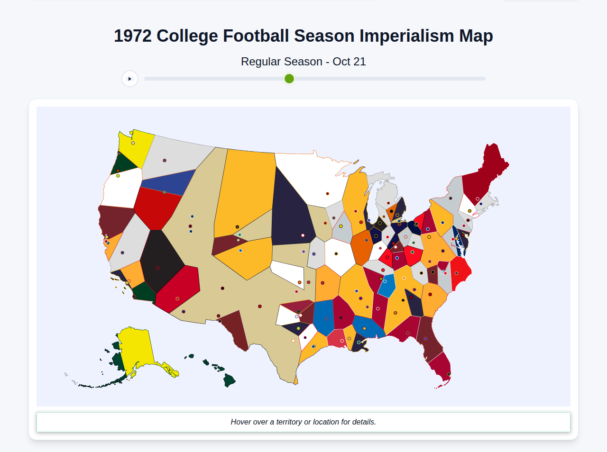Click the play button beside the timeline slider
(130, 79)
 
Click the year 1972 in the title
(133, 36)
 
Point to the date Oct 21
(349, 62)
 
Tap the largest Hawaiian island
(230, 380)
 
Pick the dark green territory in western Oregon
(124, 163)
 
